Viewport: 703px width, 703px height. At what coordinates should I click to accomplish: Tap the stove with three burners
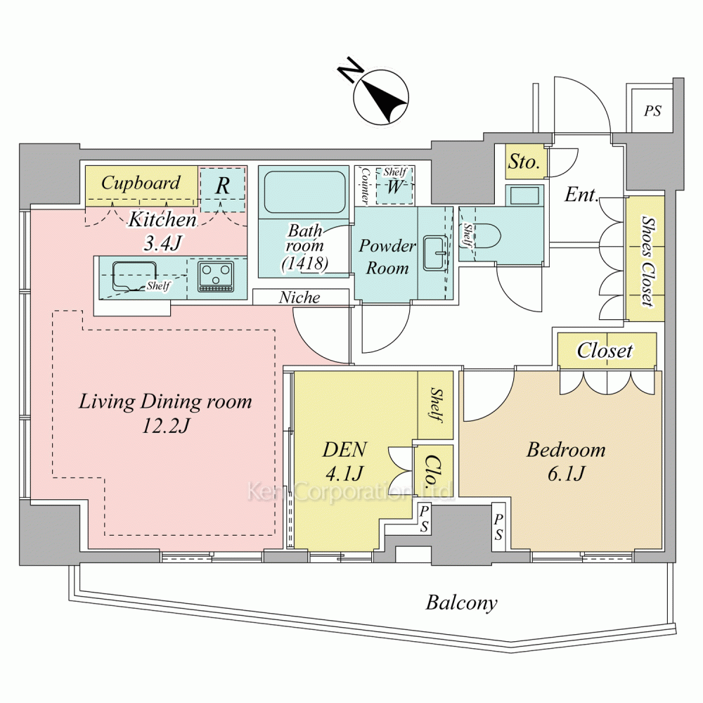point(216,276)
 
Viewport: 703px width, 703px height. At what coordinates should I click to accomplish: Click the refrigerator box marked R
point(222,187)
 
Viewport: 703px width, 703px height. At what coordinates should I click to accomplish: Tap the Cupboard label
point(141,183)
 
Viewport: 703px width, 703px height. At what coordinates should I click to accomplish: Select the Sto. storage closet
point(524,162)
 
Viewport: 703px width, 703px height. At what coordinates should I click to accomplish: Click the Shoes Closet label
point(646,260)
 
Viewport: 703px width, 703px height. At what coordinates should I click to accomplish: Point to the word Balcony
point(462,602)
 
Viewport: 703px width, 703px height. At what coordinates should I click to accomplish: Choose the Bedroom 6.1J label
point(566,462)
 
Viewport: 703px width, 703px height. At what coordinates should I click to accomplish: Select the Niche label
point(299,297)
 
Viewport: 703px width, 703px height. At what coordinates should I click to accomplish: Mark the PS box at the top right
point(652,110)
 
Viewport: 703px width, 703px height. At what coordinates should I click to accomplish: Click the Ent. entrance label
point(581,195)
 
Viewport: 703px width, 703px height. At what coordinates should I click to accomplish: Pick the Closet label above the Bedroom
point(605,350)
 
